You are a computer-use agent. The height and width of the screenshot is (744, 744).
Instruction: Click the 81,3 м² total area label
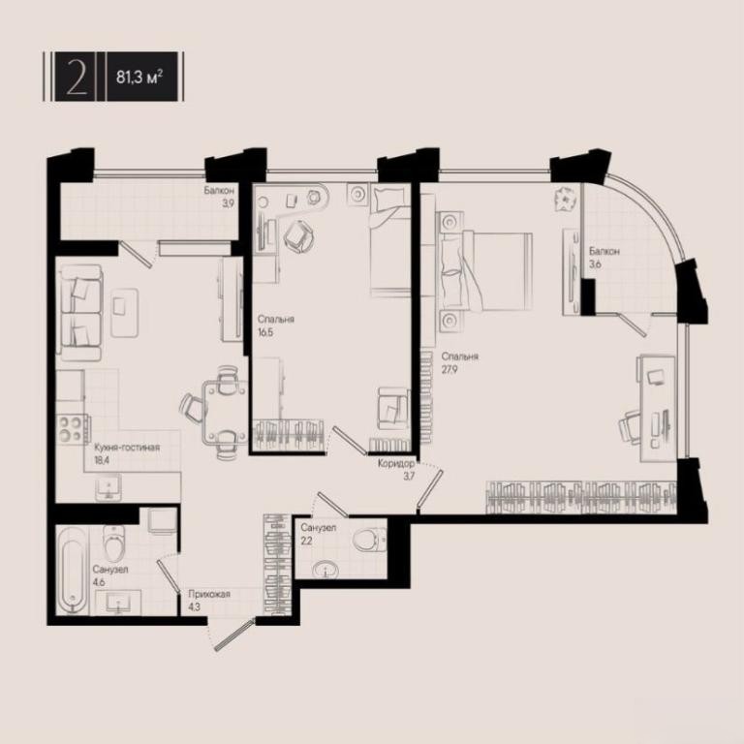(139, 77)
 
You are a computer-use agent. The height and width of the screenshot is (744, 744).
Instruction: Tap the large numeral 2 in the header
(77, 77)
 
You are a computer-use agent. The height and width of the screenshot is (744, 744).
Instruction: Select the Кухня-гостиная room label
(127, 448)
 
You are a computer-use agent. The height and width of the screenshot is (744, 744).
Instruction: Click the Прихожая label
(209, 594)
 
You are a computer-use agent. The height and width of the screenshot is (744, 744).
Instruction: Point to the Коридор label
(395, 464)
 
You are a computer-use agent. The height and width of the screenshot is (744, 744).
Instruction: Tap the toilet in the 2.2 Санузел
(370, 540)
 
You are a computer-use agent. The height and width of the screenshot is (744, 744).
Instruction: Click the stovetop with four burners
(71, 428)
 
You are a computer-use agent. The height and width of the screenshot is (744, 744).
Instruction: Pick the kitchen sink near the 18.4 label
(108, 487)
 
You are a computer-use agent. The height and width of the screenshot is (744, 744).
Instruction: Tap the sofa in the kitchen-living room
(79, 312)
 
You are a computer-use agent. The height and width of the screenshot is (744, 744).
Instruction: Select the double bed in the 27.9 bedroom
(486, 271)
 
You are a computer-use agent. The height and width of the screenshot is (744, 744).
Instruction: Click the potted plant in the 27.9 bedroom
(566, 199)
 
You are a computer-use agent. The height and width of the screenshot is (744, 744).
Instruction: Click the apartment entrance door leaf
(233, 635)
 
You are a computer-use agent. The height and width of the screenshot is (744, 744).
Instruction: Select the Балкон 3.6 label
(604, 257)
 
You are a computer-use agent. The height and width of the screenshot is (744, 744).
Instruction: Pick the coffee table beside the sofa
(125, 313)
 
